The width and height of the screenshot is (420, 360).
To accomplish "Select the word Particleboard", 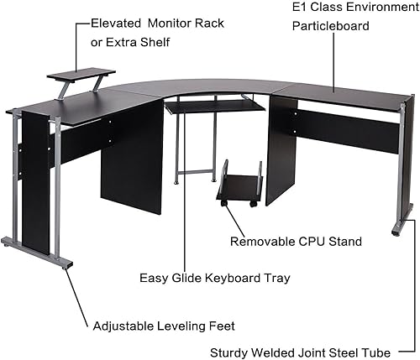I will click(x=329, y=26).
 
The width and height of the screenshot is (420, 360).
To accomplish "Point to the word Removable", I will click(x=259, y=241).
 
